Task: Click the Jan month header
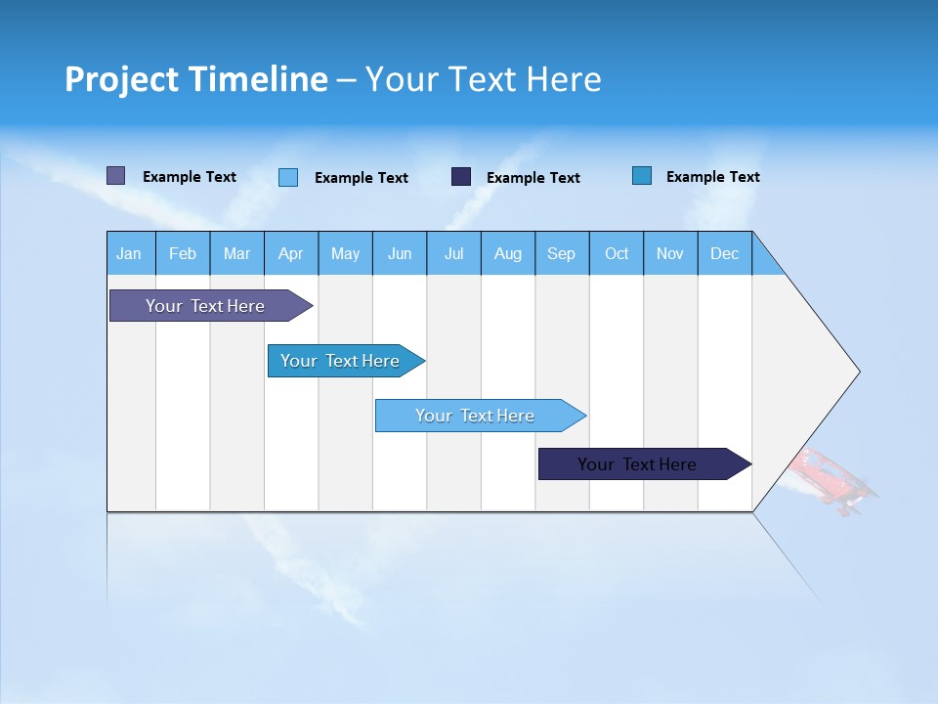[x=129, y=253]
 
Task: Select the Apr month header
[x=290, y=253]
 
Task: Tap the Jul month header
[x=453, y=253]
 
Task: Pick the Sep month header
[x=561, y=253]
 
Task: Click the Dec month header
[x=724, y=253]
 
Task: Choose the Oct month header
[x=617, y=253]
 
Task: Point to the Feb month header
[x=183, y=253]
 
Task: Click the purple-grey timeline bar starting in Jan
[x=205, y=306]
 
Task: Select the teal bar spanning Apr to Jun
[x=340, y=361]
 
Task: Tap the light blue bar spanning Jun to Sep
[x=475, y=416]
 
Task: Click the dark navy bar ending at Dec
[x=637, y=464]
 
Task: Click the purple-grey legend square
[x=115, y=176]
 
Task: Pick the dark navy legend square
[x=461, y=177]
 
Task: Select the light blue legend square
[x=288, y=177]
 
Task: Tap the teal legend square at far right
[x=641, y=176]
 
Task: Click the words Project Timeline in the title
[x=195, y=79]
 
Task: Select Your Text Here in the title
[x=484, y=79]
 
